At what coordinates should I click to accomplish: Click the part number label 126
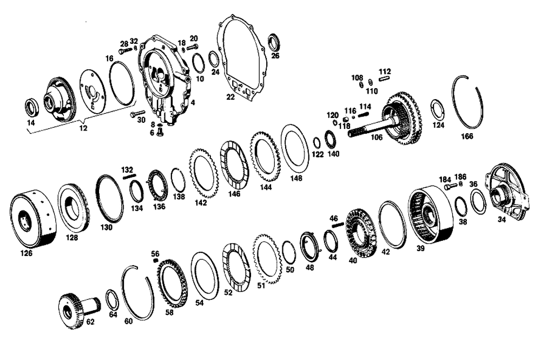click(26, 253)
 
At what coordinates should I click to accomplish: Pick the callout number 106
click(377, 138)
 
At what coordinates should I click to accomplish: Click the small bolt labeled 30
click(138, 113)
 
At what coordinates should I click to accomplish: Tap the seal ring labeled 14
click(32, 107)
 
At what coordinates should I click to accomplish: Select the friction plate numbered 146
click(234, 165)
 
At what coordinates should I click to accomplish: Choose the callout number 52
click(228, 292)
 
